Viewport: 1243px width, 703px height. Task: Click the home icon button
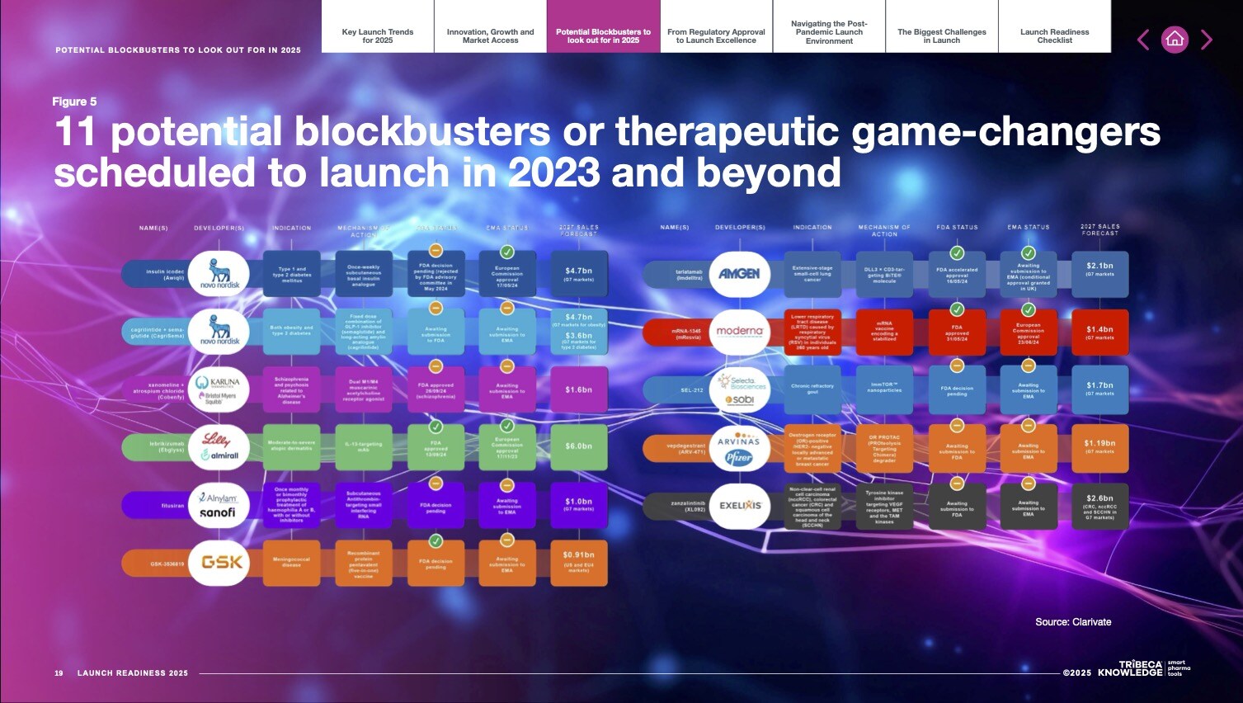tap(1175, 40)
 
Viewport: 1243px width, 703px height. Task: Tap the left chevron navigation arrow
tap(1143, 40)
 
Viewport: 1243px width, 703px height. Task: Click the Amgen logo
tap(739, 273)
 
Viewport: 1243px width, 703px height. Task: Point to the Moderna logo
tap(739, 331)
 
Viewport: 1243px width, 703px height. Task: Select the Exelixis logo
tap(739, 505)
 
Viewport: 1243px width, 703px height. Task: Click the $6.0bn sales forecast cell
tap(578, 446)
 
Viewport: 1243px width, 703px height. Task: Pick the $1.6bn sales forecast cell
tap(578, 389)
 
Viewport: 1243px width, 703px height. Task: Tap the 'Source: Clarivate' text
tap(1073, 622)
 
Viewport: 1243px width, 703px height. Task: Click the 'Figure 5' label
tap(74, 101)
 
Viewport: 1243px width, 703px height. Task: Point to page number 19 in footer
tap(59, 673)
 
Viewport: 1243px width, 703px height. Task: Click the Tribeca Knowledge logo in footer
tap(1142, 668)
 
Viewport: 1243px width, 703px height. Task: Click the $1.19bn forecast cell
tap(1099, 447)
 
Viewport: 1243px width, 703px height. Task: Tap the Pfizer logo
tap(738, 458)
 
